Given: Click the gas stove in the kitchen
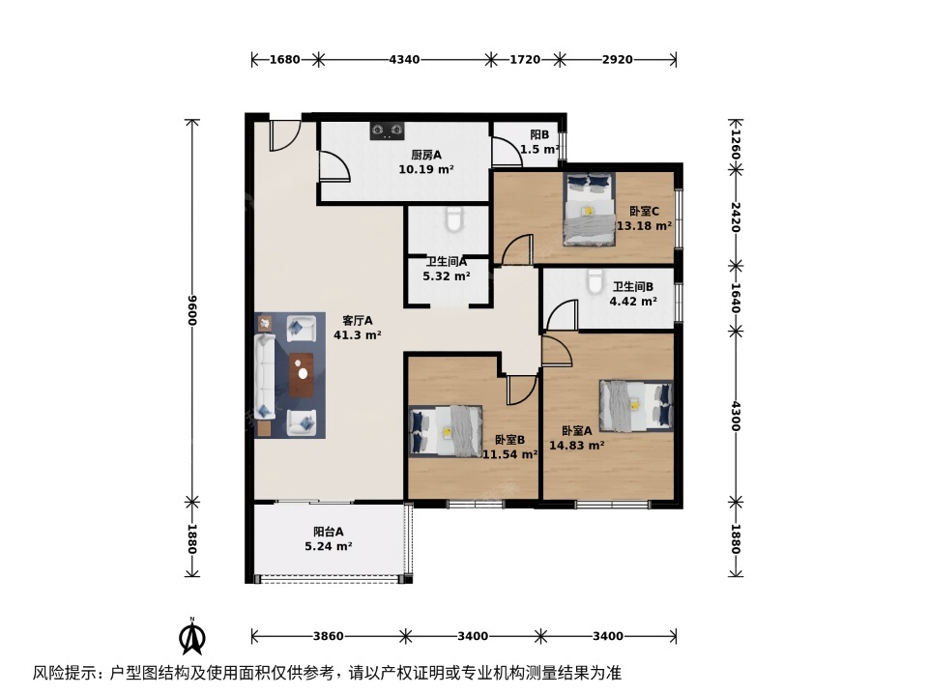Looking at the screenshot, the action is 387,130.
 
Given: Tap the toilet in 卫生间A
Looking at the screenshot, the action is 454,218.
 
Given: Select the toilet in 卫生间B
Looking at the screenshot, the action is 594,281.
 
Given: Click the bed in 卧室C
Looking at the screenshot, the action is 589,210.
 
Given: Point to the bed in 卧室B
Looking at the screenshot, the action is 445,431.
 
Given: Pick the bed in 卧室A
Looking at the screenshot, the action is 636,406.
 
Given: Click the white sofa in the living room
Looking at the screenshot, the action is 265,376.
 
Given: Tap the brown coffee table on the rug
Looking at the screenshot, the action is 303,375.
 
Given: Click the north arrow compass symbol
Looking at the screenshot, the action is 192,636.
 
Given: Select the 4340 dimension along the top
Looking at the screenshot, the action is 405,59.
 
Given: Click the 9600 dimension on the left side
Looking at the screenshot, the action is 191,310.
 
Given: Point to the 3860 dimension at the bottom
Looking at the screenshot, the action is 329,636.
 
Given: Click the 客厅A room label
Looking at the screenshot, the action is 358,321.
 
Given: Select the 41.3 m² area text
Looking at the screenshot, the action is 358,335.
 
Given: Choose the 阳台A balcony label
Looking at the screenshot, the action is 329,532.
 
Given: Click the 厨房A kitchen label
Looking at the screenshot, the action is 426,155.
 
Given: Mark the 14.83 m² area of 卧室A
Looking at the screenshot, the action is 577,446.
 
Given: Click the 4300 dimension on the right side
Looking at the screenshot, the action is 735,417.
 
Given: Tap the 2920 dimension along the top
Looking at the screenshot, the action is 618,59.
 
